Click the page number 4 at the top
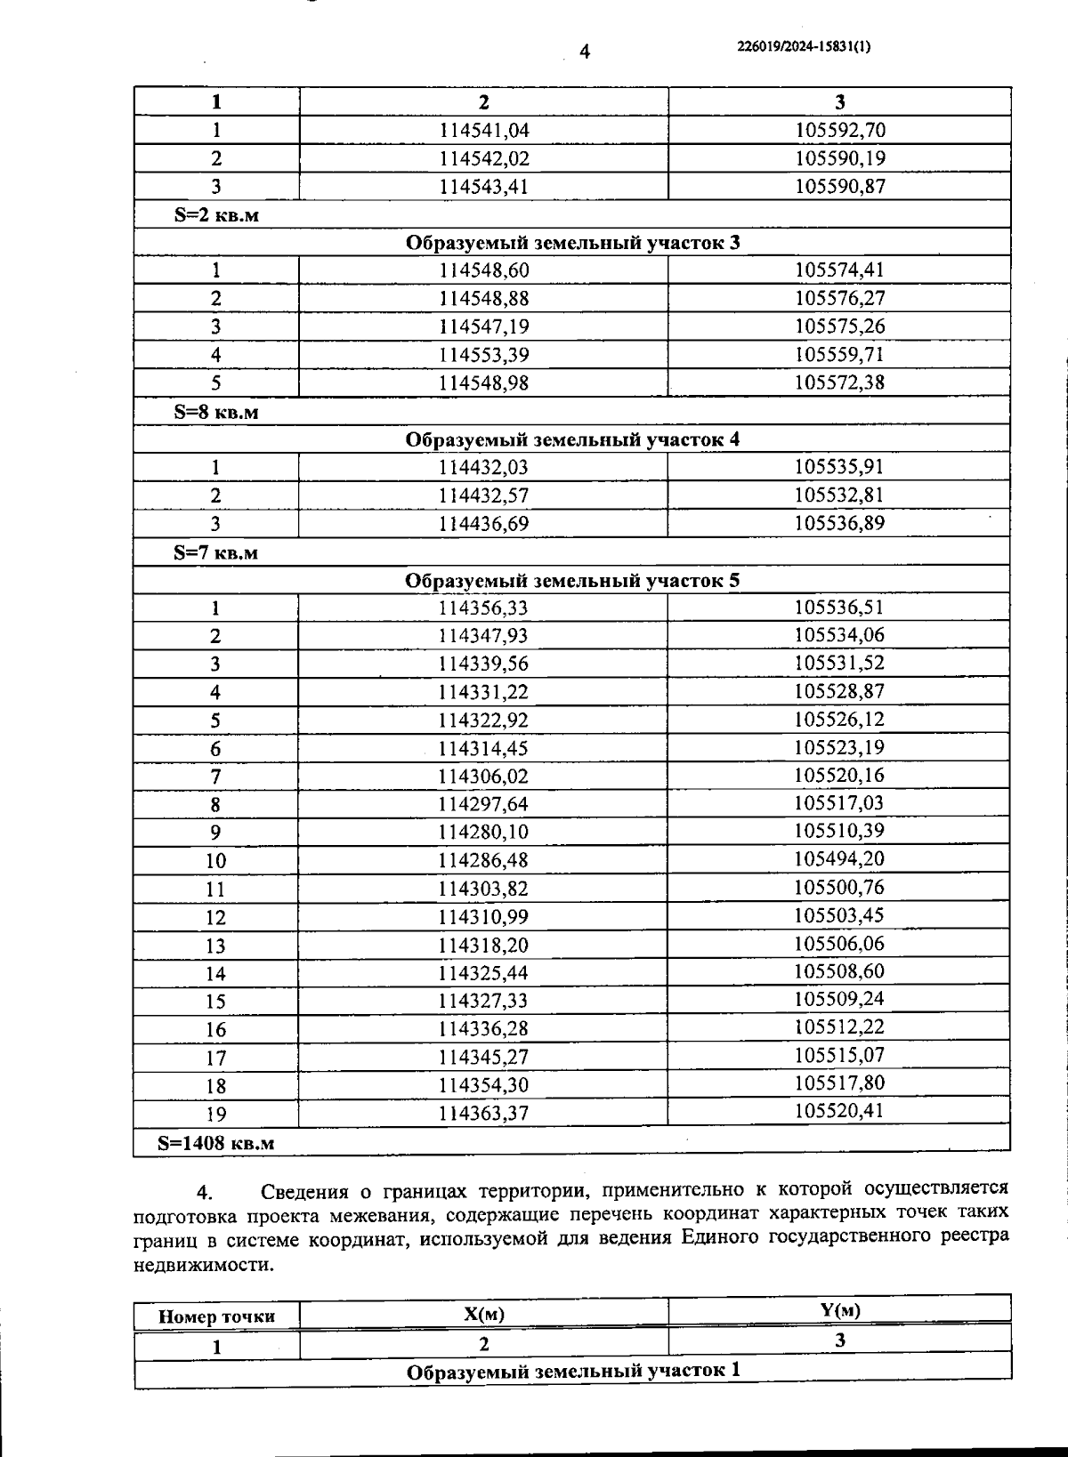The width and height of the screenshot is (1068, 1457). point(585,52)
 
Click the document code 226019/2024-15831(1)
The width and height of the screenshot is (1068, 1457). point(804,47)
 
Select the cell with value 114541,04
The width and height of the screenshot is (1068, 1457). point(484,131)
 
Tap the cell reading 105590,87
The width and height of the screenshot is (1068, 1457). point(839,187)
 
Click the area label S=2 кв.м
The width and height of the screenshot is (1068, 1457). point(216,215)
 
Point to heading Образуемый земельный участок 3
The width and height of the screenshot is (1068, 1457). point(572,243)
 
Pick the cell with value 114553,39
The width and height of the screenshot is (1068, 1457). point(483,355)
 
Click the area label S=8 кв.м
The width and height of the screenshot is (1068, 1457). point(216,413)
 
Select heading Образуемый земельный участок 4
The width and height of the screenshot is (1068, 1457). point(572,439)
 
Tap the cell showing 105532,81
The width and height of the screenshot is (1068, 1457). point(839,495)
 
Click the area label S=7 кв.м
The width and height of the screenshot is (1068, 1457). point(216,552)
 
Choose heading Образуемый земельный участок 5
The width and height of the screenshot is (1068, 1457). point(572,581)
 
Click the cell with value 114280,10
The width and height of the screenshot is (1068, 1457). point(483,832)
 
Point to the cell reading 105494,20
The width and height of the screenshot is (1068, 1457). point(839,858)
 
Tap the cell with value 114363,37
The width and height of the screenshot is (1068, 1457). point(483,1114)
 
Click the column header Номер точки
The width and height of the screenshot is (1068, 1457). point(216,1316)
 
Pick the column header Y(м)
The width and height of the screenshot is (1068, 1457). point(839,1309)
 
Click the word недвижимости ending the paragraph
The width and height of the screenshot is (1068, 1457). point(204,1265)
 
